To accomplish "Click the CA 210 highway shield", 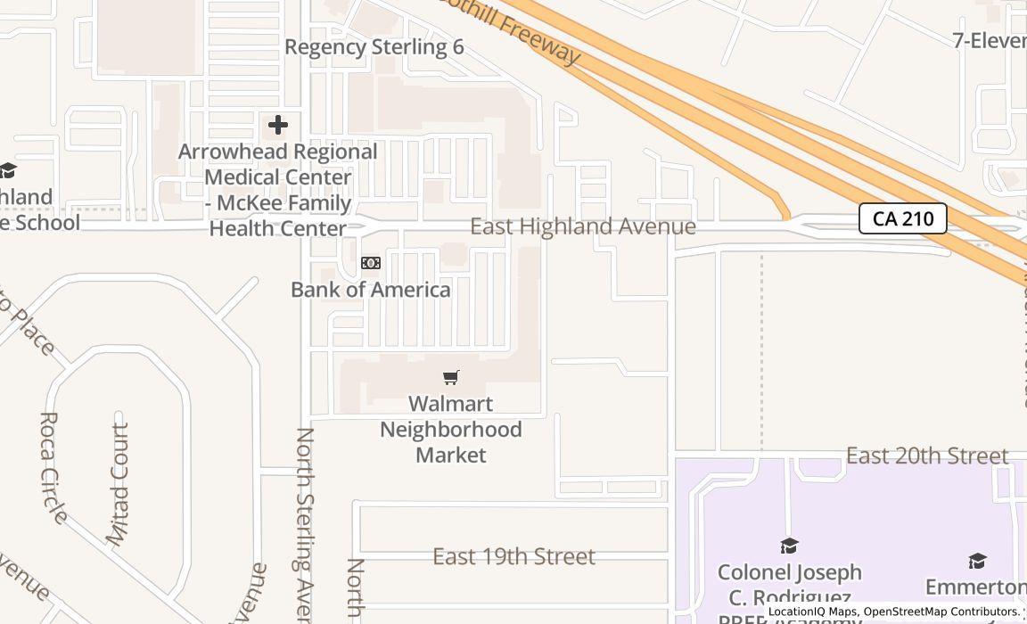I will tap(902, 218).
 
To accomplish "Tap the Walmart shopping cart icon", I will tap(451, 378).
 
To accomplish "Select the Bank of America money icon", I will tap(370, 263).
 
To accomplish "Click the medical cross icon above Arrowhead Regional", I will tap(278, 125).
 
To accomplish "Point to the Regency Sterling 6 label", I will tap(374, 47).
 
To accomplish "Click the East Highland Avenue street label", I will tap(583, 226).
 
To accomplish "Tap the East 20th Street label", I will tap(927, 456).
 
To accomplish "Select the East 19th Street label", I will tap(513, 556).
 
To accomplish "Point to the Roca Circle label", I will tap(53, 467).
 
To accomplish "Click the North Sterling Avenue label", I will tap(305, 526).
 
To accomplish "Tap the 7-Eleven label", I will tap(989, 40).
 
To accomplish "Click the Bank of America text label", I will tap(371, 290).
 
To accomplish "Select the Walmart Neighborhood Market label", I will tap(451, 430).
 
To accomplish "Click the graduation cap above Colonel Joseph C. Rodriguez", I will tap(789, 546).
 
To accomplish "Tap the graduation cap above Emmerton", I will tap(977, 561).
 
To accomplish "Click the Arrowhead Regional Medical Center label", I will tap(277, 190).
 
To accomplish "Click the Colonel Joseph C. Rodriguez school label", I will tap(790, 585).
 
